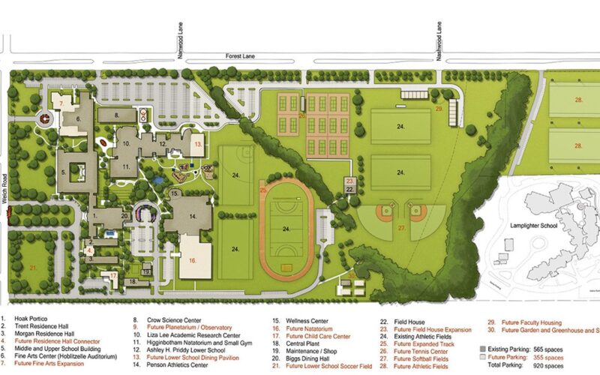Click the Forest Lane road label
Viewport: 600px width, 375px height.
point(241,55)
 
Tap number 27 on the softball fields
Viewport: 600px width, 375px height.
point(401,227)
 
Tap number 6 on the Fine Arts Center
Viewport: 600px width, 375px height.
point(76,118)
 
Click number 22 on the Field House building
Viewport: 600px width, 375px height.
point(350,190)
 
